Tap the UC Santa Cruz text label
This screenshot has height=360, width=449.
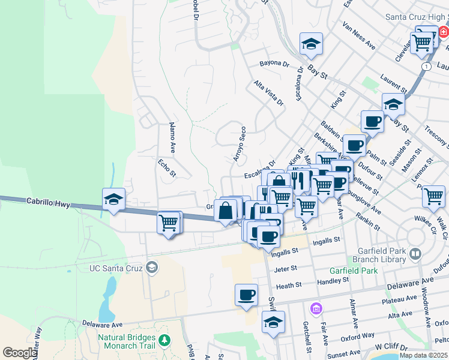pos(116,268)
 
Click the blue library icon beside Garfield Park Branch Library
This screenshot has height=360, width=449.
pos(415,254)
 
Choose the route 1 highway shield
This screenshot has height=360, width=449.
pos(425,67)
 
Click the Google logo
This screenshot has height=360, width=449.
pos(20,353)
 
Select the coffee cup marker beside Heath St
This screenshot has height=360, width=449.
pos(246,295)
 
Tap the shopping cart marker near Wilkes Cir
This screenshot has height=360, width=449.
pos(433,196)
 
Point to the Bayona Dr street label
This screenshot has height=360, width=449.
pos(274,63)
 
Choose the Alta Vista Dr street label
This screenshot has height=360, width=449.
pos(268,94)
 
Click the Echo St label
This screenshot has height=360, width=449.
pos(167,168)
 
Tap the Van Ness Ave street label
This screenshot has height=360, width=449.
pos(358,36)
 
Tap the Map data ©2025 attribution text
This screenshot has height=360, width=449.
pos(423,355)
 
